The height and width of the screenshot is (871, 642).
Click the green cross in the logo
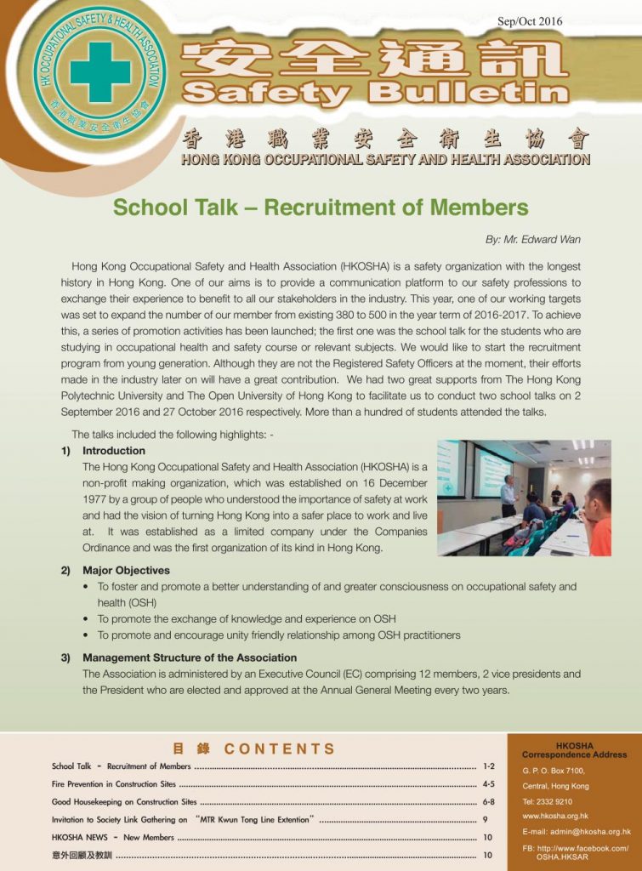99,73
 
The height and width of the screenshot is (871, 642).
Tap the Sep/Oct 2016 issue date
529,21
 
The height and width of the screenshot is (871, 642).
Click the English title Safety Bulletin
375,93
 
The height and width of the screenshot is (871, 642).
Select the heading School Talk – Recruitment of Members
321,208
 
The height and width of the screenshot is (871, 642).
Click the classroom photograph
523,498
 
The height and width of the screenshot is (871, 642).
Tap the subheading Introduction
114,451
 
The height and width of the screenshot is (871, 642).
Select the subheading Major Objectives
126,571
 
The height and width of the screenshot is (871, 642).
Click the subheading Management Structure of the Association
190,658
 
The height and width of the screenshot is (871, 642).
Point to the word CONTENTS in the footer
280,749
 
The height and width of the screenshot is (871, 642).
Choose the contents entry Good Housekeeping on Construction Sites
124,802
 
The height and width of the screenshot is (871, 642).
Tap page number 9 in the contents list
485,820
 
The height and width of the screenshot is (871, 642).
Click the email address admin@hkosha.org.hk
577,832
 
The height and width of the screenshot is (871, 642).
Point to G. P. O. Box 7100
554,771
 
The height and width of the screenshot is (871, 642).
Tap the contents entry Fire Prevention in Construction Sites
114,784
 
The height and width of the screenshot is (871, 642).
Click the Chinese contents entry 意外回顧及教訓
82,855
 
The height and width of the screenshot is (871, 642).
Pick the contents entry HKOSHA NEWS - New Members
113,838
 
